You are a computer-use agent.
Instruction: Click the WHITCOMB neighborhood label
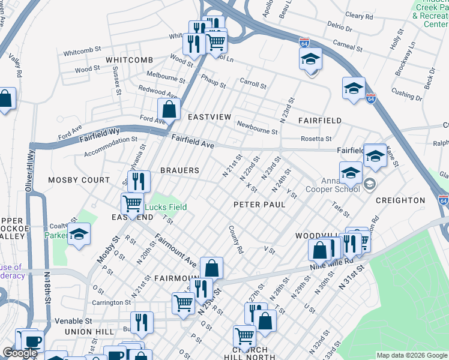coord(129,60)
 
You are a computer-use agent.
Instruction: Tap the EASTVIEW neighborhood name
coord(209,116)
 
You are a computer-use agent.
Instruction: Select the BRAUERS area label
coord(179,170)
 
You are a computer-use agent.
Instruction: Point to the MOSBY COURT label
coord(79,180)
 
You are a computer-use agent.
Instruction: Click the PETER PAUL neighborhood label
coord(259,205)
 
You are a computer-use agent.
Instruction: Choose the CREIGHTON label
coord(400,200)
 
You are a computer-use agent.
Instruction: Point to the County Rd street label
coord(235,239)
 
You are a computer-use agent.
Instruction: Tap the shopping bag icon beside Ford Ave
coord(169,109)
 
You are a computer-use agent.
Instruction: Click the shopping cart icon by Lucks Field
coord(132,203)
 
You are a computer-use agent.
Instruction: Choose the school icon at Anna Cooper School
coord(351,173)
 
